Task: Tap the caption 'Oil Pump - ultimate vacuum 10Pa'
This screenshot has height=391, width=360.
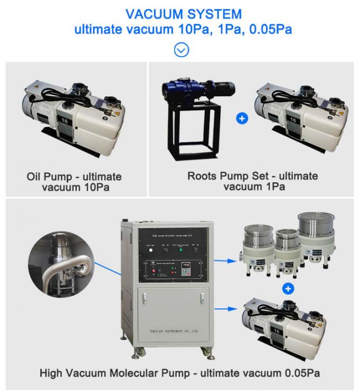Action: click(74, 182)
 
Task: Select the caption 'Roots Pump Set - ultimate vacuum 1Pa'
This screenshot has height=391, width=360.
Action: click(253, 181)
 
